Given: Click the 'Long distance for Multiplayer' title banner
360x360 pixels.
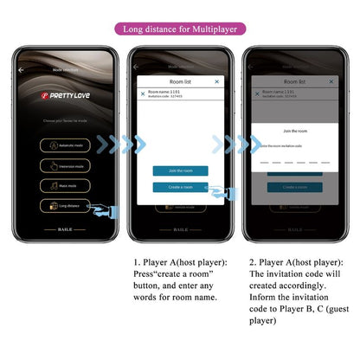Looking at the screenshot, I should coord(179,29).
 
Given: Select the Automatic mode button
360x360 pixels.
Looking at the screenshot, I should coord(64,145).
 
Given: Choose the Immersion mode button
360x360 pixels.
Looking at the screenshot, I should coord(64,165).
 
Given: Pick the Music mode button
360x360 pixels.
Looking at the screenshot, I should coord(64,185).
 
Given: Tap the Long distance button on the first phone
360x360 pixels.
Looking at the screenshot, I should coord(64,205).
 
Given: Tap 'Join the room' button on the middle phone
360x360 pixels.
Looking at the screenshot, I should coord(180,170).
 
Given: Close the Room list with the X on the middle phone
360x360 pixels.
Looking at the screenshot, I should coord(216,81).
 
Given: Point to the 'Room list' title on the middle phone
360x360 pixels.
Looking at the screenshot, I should coord(180,81).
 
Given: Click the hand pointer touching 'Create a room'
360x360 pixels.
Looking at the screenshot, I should coord(218,192).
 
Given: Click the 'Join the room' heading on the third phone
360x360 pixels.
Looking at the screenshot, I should coord(294,132).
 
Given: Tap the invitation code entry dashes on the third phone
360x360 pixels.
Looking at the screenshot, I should coord(294,162).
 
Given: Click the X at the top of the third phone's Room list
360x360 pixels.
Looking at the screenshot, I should coord(330,80).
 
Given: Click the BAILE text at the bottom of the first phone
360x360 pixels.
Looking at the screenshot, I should coord(66,230).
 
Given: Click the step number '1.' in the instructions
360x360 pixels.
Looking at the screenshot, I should coord(137,261).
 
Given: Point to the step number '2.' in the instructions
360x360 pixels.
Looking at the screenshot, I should coord(253,261).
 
